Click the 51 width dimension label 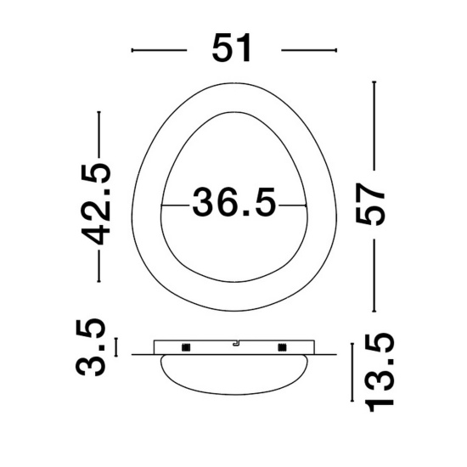[x=231, y=48]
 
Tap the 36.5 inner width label [x=234, y=202]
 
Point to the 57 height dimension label [x=370, y=204]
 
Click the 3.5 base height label [x=90, y=346]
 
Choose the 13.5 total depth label [x=380, y=373]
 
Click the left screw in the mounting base [x=186, y=347]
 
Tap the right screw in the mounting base [x=282, y=347]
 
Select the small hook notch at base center [x=236, y=344]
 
